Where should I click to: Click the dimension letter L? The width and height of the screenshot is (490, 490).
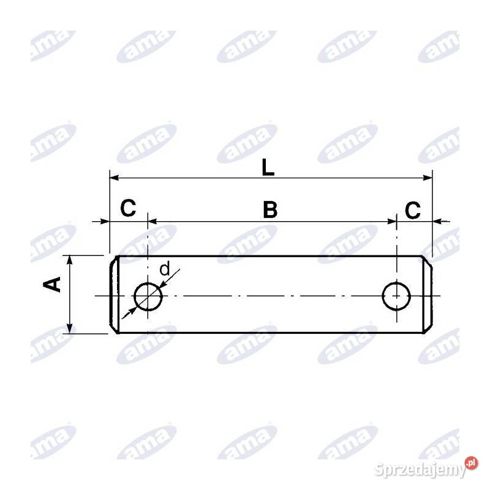click(268, 167)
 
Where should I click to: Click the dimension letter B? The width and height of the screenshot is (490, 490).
click(270, 209)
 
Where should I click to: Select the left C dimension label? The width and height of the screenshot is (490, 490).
click(127, 209)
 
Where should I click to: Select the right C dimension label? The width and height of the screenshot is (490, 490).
click(413, 211)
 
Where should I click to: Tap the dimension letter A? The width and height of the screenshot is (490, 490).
click(55, 284)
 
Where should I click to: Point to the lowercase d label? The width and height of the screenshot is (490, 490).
click(164, 269)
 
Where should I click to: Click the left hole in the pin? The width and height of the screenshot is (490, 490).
click(148, 297)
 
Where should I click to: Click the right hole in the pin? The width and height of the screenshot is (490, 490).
click(396, 296)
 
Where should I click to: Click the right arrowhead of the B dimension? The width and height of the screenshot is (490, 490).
click(392, 221)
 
